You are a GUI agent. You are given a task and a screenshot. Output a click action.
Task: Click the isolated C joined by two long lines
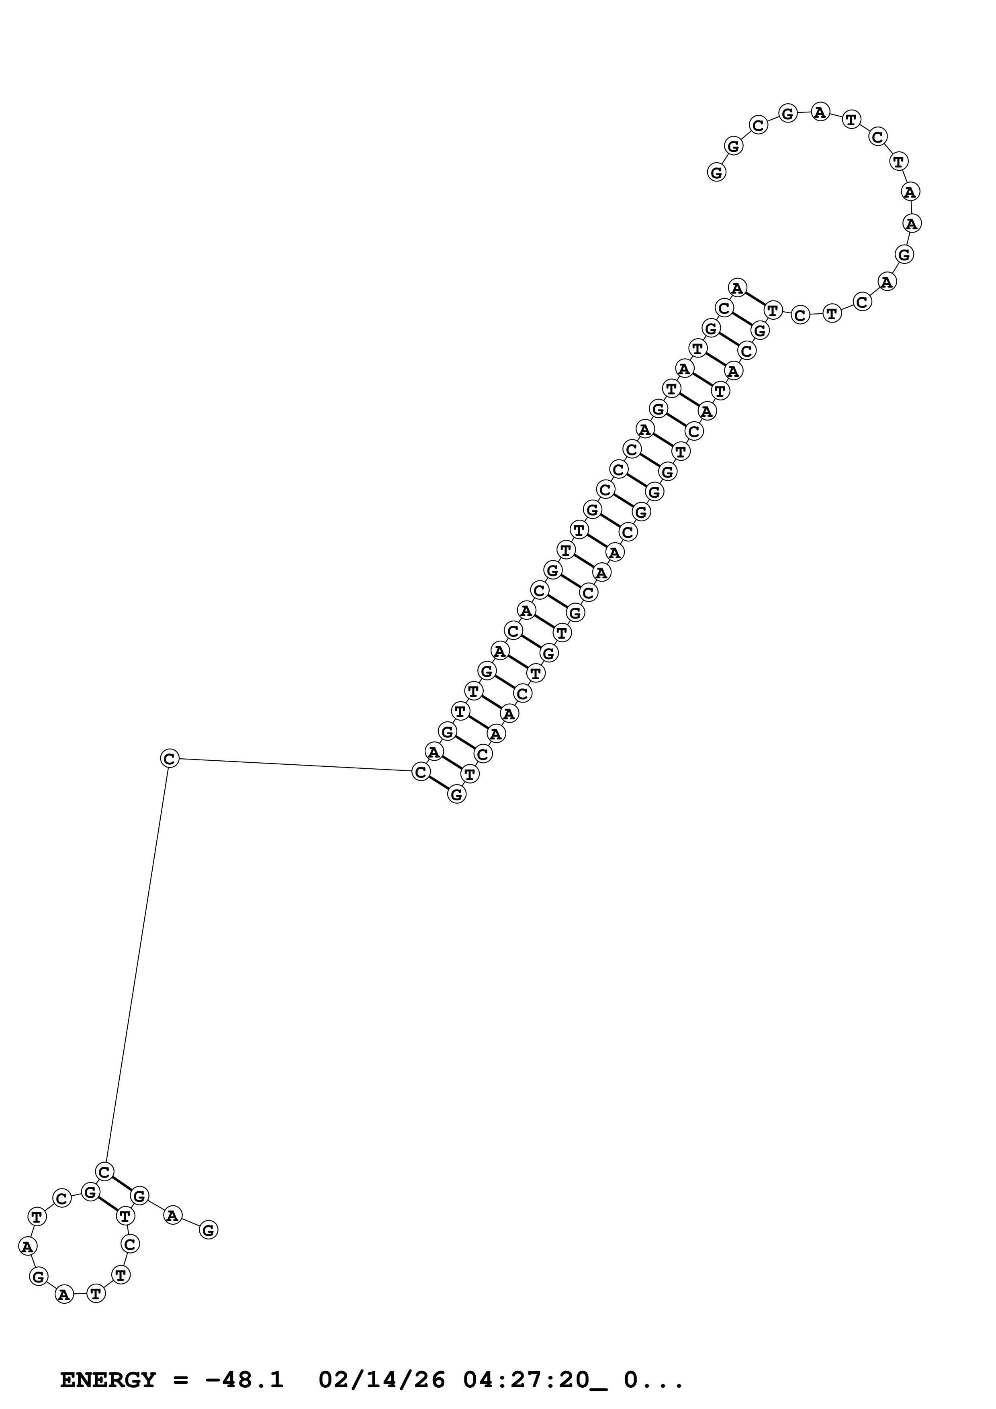[170, 758]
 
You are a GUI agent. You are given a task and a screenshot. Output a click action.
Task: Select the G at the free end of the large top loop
[716, 172]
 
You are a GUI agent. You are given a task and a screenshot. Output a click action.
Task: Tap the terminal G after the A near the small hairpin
[209, 1230]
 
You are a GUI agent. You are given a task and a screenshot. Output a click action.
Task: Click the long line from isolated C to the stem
[295, 765]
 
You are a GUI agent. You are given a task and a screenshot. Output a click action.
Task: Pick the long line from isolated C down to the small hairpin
[137, 964]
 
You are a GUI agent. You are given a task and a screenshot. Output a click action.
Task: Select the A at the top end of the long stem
[737, 287]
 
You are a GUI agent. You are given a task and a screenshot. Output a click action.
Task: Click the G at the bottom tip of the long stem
[456, 794]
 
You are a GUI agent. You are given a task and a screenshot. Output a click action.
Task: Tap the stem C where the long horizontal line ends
[420, 772]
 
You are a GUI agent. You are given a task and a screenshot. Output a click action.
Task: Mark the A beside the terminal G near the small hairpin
[173, 1215]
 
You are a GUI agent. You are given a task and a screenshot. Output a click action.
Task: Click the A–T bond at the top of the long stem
[755, 299]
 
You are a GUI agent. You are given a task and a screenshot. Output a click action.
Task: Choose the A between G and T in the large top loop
[820, 112]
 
